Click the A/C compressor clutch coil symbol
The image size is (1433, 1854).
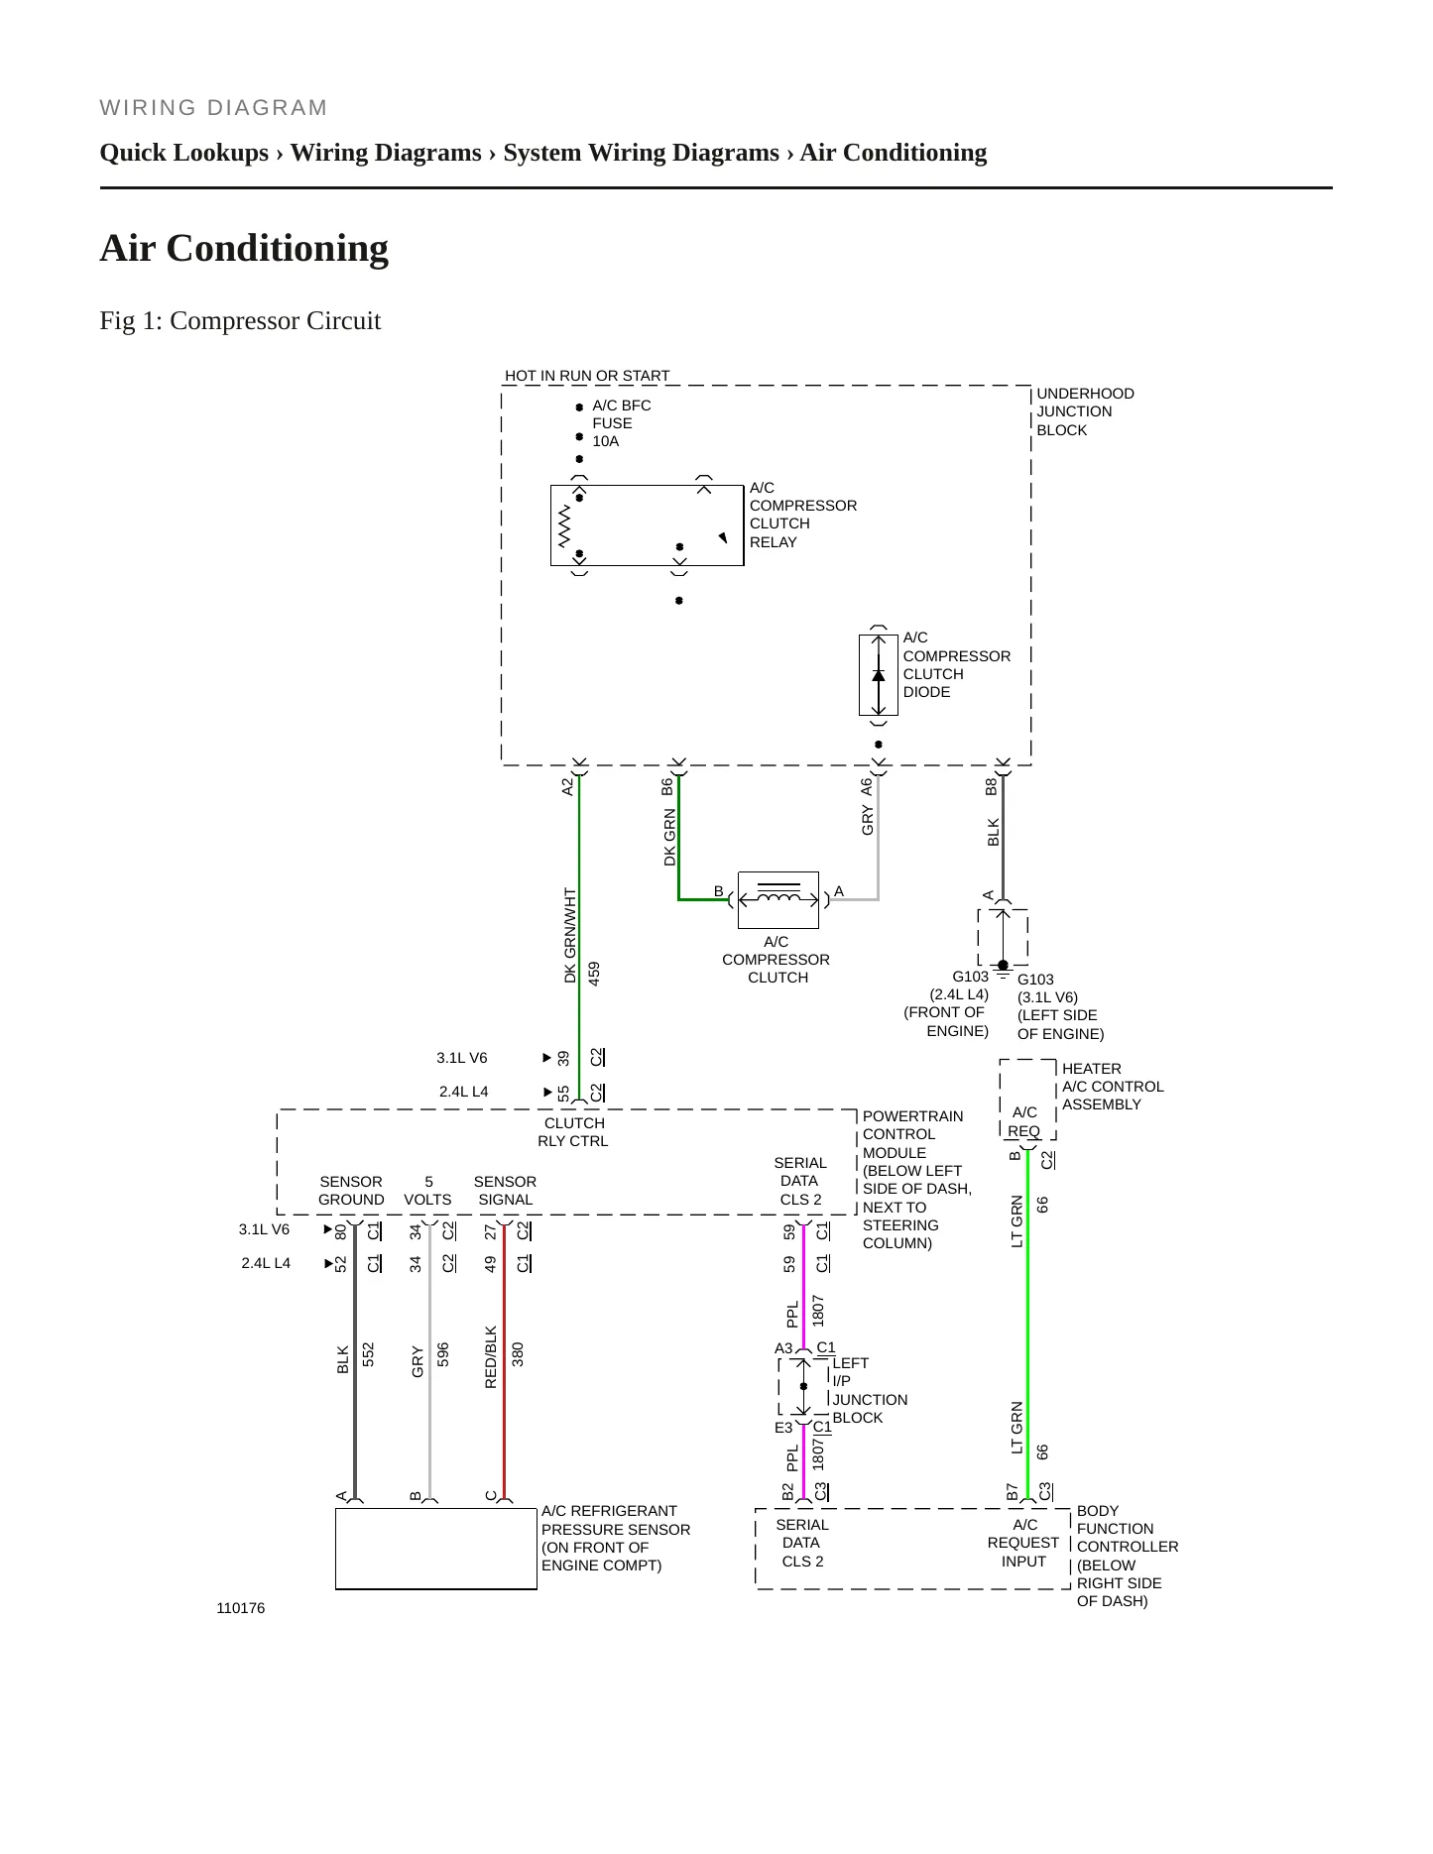tap(778, 899)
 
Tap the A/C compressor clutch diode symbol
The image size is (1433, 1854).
tap(878, 675)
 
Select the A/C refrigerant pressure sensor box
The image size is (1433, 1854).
tap(436, 1549)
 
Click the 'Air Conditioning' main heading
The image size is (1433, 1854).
tap(244, 248)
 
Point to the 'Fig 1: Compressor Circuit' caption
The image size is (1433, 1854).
tap(240, 320)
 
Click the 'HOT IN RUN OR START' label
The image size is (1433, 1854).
tap(587, 376)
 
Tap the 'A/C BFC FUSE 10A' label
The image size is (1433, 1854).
tap(622, 423)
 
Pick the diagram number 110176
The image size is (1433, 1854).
tap(241, 1608)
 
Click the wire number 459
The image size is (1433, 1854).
tap(594, 973)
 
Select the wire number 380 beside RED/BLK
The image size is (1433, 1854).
tap(517, 1354)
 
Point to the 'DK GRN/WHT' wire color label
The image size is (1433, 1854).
tap(570, 935)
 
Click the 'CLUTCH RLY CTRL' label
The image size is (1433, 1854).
tap(573, 1132)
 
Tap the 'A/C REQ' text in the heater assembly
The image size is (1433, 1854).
tap(1024, 1121)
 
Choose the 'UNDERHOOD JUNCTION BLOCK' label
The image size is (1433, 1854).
tap(1085, 411)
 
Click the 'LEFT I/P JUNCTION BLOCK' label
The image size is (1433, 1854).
tap(870, 1390)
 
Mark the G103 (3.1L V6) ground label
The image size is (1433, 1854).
tap(1060, 1006)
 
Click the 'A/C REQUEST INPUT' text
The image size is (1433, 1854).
tap(1023, 1543)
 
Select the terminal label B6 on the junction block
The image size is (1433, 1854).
tap(667, 786)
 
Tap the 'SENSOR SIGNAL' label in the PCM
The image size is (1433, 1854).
tap(505, 1191)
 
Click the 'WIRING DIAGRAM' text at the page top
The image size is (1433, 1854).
tap(213, 108)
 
